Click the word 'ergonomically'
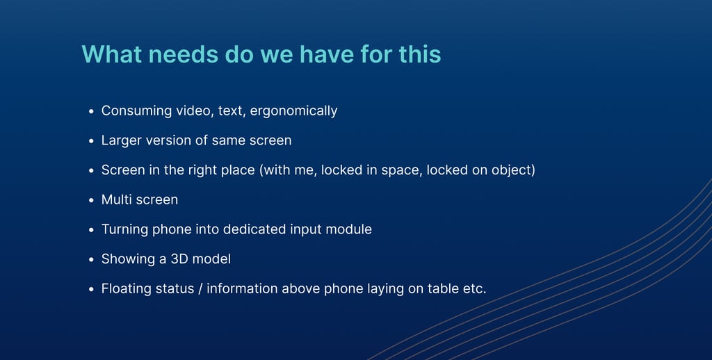tap(294, 111)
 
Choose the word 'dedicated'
tap(254, 229)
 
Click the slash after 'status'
tap(200, 288)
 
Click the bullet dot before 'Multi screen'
tap(91, 200)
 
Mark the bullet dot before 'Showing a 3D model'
tap(91, 260)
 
